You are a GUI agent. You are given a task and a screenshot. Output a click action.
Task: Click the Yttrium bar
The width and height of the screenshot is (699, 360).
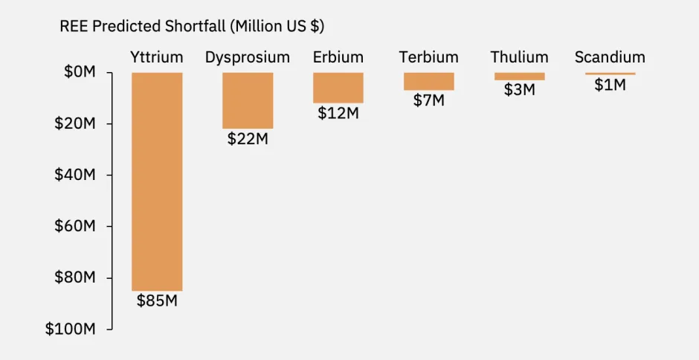pos(157,181)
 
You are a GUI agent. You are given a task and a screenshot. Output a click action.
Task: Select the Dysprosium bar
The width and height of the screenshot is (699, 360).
pos(248,100)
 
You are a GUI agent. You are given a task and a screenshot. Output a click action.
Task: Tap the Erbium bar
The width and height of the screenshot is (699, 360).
pos(338,88)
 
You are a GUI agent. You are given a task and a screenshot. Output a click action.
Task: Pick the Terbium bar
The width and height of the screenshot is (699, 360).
pos(429,81)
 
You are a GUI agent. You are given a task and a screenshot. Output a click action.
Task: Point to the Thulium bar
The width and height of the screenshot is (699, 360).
pos(519,76)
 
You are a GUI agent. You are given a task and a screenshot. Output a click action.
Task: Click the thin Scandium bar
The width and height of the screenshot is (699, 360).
pos(610,74)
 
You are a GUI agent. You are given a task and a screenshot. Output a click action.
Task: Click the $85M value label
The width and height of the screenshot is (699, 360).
pos(157,301)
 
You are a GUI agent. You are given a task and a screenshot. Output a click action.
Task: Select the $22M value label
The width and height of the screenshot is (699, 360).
pos(248,138)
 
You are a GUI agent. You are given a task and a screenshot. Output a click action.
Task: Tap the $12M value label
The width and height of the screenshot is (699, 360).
pos(338,113)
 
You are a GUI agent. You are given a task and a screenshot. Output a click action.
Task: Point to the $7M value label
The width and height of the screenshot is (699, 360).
pos(429,100)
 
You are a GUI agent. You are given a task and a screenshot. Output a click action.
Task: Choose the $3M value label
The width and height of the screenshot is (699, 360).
pos(519,90)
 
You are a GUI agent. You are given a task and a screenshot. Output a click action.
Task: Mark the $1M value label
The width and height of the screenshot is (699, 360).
pos(610,85)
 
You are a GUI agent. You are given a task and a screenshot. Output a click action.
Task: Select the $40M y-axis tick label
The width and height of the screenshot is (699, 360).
pos(74,175)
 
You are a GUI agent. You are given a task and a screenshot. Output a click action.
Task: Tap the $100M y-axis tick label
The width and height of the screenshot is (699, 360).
pos(71,329)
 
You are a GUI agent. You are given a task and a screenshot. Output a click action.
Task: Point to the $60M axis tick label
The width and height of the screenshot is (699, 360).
pos(74,226)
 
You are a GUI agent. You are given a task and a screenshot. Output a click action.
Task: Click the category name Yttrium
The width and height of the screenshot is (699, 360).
pos(157,57)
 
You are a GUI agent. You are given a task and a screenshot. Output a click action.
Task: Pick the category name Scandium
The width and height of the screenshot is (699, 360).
pos(610,57)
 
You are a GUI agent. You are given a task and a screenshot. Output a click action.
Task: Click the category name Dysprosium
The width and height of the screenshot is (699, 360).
pos(248,57)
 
